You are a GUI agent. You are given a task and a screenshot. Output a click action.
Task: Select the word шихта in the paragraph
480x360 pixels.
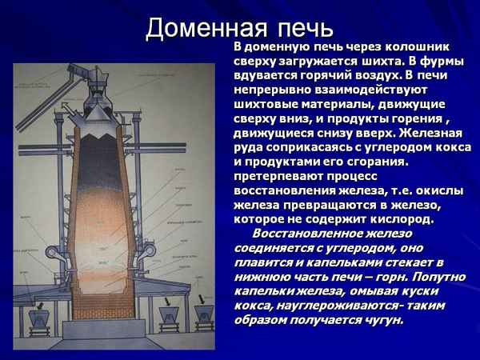tap(374, 62)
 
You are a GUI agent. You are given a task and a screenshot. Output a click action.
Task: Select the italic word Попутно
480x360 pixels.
tap(437, 277)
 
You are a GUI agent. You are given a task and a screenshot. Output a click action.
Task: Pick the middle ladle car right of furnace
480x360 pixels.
tap(170, 316)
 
